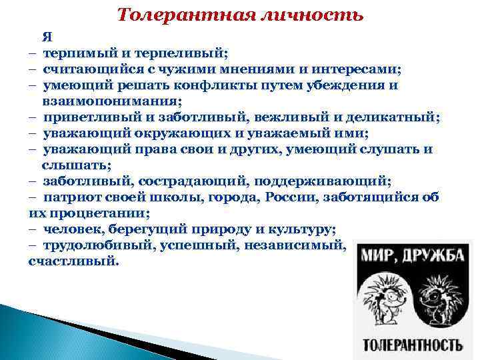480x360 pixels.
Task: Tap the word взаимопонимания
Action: pyautogui.click(x=111, y=101)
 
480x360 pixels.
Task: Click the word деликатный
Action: pyautogui.click(x=393, y=117)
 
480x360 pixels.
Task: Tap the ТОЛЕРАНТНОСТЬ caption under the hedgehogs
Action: pyautogui.click(x=412, y=345)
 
